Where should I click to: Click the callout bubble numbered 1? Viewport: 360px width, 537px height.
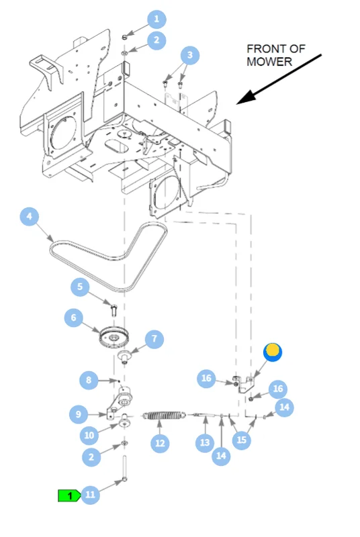tap(157, 19)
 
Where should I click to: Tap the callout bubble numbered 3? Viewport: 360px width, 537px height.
tap(190, 55)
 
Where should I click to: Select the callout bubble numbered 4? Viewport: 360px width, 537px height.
tap(29, 216)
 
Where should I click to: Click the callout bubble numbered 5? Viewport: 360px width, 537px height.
tap(80, 287)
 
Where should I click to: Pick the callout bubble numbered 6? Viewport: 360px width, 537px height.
tap(74, 318)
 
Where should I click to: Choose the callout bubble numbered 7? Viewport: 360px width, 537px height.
tap(154, 339)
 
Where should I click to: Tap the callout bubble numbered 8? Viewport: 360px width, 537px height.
tap(89, 380)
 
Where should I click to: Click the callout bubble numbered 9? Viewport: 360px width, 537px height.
tap(79, 414)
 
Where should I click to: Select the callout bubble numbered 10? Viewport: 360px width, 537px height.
tap(89, 435)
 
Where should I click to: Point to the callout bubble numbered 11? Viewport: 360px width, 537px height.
tap(90, 495)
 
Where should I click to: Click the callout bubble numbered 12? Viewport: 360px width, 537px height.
tap(160, 443)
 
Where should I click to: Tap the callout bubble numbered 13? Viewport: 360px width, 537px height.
tap(205, 442)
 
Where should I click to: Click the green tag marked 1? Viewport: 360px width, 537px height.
tap(69, 495)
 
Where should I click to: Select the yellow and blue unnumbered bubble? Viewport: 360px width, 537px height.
tap(273, 352)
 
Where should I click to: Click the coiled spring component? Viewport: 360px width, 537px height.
tap(164, 416)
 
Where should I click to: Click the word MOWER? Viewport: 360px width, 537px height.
tap(269, 62)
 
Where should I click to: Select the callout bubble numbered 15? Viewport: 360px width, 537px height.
tap(242, 440)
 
